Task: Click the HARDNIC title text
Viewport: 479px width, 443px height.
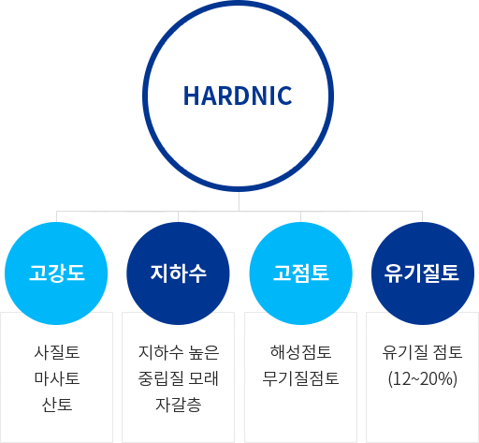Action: pyautogui.click(x=238, y=96)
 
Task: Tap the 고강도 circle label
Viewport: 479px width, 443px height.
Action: pyautogui.click(x=57, y=273)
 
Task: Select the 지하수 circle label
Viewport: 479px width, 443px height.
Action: pyautogui.click(x=178, y=273)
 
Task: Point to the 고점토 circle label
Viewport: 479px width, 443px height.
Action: pyautogui.click(x=301, y=273)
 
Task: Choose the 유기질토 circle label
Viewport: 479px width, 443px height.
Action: pyautogui.click(x=422, y=273)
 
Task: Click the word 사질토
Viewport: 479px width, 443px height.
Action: pyautogui.click(x=57, y=352)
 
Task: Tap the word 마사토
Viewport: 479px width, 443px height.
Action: pyautogui.click(x=57, y=378)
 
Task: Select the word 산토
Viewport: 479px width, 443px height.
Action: pyautogui.click(x=57, y=405)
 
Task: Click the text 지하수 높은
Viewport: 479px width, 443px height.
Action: pyautogui.click(x=179, y=352)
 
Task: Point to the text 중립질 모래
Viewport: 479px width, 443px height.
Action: pyautogui.click(x=178, y=378)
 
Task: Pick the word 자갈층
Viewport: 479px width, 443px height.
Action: pyautogui.click(x=178, y=405)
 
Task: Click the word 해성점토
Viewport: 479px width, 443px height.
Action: pyautogui.click(x=301, y=352)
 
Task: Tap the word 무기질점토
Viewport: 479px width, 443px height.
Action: pyautogui.click(x=300, y=378)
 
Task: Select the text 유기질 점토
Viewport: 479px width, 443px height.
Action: pyautogui.click(x=422, y=352)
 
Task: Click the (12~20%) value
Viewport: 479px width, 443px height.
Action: pyautogui.click(x=423, y=378)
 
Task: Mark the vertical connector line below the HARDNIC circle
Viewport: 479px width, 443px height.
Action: pyautogui.click(x=239, y=201)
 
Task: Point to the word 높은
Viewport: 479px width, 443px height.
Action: pyautogui.click(x=204, y=352)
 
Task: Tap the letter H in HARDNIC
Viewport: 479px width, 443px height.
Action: pyautogui.click(x=191, y=96)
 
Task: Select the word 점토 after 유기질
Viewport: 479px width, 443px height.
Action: pyautogui.click(x=447, y=352)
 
